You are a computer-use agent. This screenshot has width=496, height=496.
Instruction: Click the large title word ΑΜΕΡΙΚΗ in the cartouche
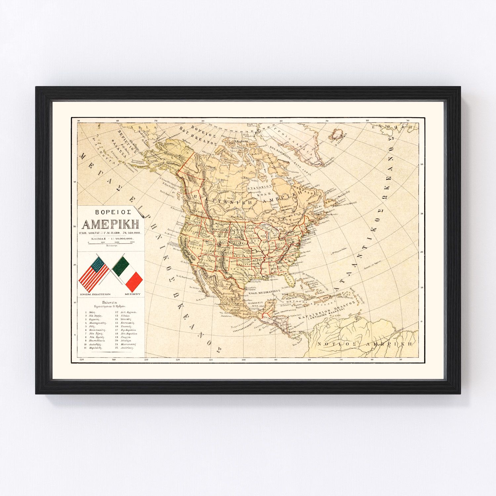[111, 225]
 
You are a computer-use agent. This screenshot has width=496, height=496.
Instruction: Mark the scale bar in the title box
[109, 242]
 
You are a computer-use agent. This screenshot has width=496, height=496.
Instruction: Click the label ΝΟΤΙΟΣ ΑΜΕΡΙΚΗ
[365, 344]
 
